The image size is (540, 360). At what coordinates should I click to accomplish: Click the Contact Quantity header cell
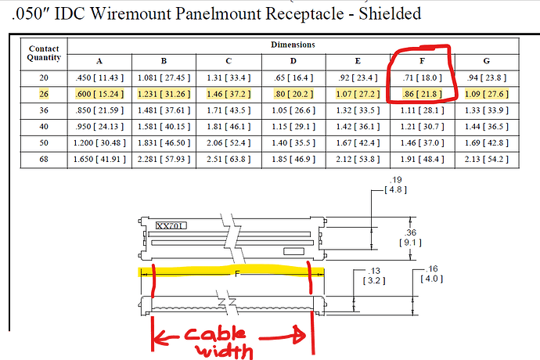point(43,53)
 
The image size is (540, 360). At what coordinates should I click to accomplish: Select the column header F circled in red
point(423,61)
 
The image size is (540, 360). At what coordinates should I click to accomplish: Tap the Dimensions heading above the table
point(293,45)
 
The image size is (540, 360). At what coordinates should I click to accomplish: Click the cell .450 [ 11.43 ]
point(99,77)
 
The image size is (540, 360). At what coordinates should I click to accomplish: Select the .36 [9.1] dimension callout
point(411,237)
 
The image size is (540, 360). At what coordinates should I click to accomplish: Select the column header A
point(99,61)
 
